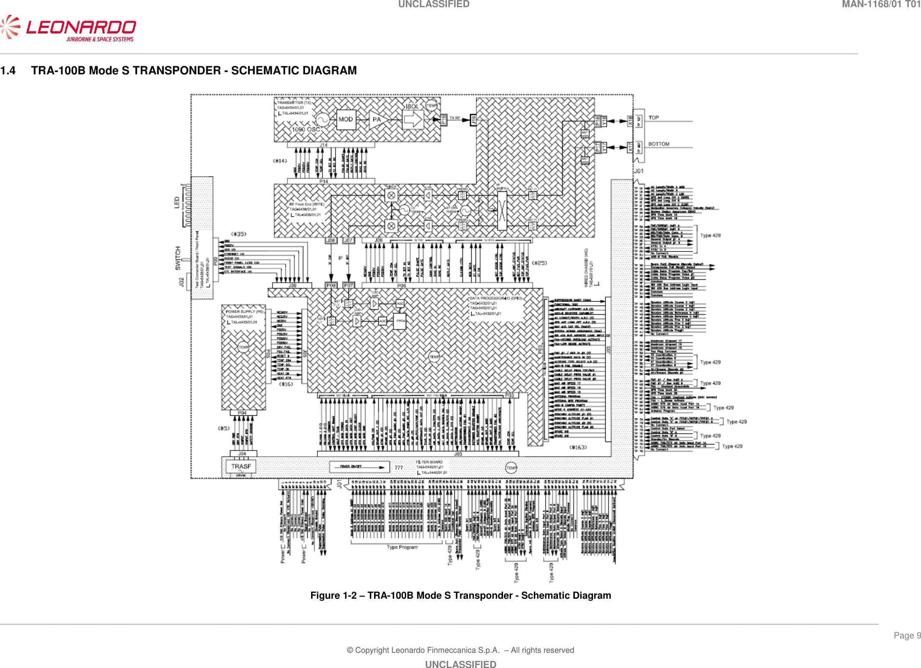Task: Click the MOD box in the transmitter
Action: (x=346, y=120)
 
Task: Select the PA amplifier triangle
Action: (x=377, y=120)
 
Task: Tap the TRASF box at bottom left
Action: (x=241, y=466)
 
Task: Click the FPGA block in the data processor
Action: (x=400, y=321)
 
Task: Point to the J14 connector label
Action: (x=323, y=145)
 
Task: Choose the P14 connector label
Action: (x=323, y=181)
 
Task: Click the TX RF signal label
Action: (x=455, y=118)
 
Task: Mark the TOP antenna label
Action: (x=653, y=118)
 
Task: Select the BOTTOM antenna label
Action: (x=659, y=144)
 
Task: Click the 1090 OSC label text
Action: (x=306, y=129)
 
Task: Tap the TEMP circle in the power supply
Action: (x=243, y=347)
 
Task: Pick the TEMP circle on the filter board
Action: (x=511, y=468)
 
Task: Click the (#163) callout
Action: (x=578, y=447)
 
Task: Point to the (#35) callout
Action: (x=238, y=234)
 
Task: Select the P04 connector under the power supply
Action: (x=242, y=413)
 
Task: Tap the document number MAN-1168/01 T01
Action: (x=881, y=4)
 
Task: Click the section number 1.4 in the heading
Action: (x=8, y=71)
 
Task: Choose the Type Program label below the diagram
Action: (x=402, y=547)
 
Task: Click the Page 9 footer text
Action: (x=907, y=635)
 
